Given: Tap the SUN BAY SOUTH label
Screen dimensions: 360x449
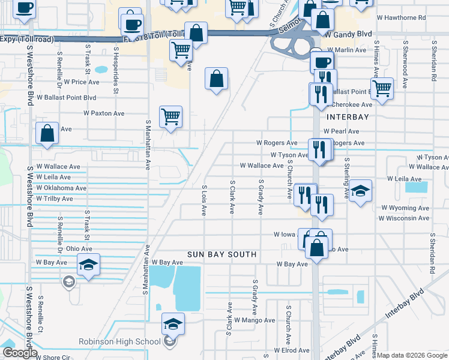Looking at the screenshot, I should (x=221, y=254).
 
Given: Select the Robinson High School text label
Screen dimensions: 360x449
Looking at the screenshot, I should (x=119, y=342).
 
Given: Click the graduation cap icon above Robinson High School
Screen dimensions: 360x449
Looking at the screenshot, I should (x=173, y=324).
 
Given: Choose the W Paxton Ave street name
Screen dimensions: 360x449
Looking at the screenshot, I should (x=104, y=113).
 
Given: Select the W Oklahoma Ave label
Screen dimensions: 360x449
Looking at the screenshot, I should (x=61, y=188).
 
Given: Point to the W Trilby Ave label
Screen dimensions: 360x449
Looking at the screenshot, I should (x=54, y=199).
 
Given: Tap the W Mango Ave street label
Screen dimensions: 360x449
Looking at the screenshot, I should (x=255, y=320).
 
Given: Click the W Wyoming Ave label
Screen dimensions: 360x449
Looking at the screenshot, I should (x=405, y=208).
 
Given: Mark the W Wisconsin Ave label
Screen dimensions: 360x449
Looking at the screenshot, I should (x=403, y=218).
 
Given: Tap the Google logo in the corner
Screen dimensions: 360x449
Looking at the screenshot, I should (x=20, y=353).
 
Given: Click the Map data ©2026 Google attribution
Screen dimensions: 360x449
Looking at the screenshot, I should (x=412, y=355).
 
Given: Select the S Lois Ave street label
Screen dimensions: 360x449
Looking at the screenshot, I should (x=204, y=200).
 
